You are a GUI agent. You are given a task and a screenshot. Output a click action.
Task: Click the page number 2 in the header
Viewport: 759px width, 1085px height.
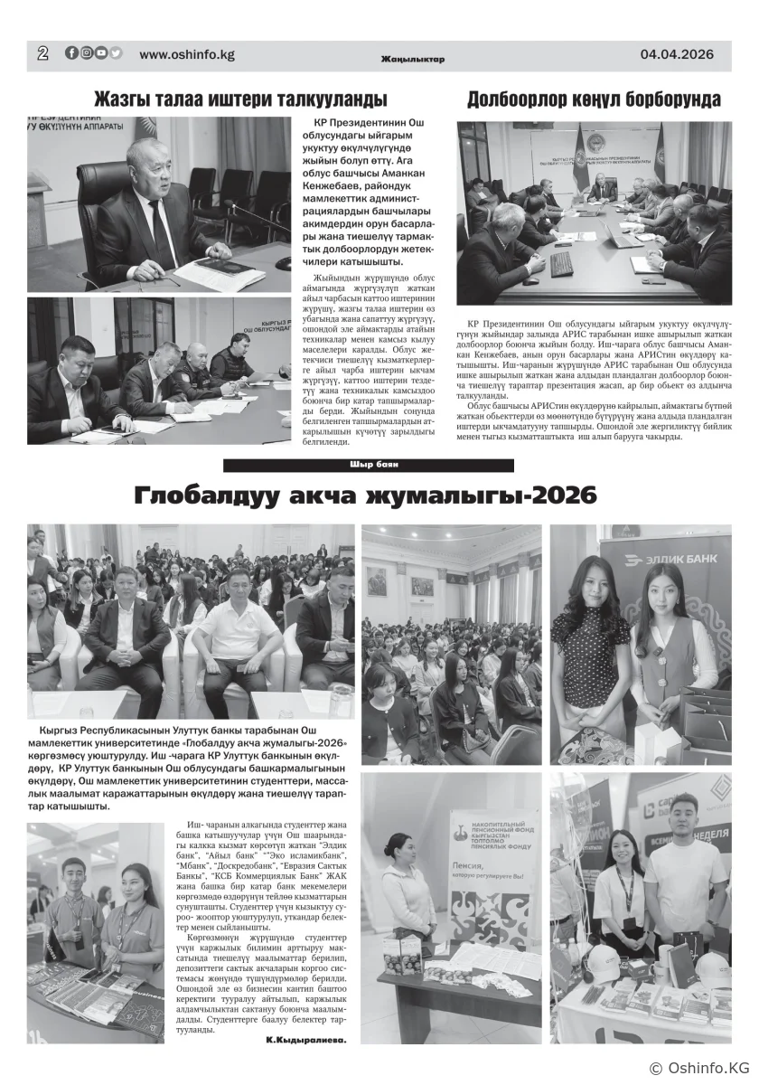click(x=42, y=53)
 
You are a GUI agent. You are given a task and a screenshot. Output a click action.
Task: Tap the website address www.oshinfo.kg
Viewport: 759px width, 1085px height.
click(x=187, y=54)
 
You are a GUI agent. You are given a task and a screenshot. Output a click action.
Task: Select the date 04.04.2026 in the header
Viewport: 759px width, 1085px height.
click(x=677, y=54)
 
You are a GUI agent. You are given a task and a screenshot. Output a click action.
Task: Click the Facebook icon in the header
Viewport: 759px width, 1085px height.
click(x=72, y=53)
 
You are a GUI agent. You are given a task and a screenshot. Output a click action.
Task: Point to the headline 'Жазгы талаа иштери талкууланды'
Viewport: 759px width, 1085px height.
click(x=241, y=99)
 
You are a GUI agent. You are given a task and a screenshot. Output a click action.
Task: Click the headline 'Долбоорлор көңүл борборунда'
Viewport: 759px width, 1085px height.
click(x=594, y=99)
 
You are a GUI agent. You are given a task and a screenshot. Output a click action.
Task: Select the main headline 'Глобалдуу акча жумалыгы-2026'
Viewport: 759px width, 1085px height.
click(x=366, y=495)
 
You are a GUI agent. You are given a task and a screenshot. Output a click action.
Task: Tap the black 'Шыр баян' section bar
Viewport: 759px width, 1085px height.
click(x=369, y=465)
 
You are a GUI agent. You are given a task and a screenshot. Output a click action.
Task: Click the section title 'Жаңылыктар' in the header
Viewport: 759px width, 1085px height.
click(x=413, y=60)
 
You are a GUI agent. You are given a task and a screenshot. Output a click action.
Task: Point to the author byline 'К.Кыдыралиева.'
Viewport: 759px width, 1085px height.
click(x=306, y=1040)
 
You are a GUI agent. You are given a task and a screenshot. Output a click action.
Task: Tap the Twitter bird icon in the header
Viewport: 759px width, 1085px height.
click(x=116, y=53)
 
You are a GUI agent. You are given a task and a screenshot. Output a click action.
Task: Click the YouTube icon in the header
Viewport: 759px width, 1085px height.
click(x=101, y=53)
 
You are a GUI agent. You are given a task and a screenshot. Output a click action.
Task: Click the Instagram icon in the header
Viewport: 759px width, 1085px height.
click(x=87, y=53)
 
